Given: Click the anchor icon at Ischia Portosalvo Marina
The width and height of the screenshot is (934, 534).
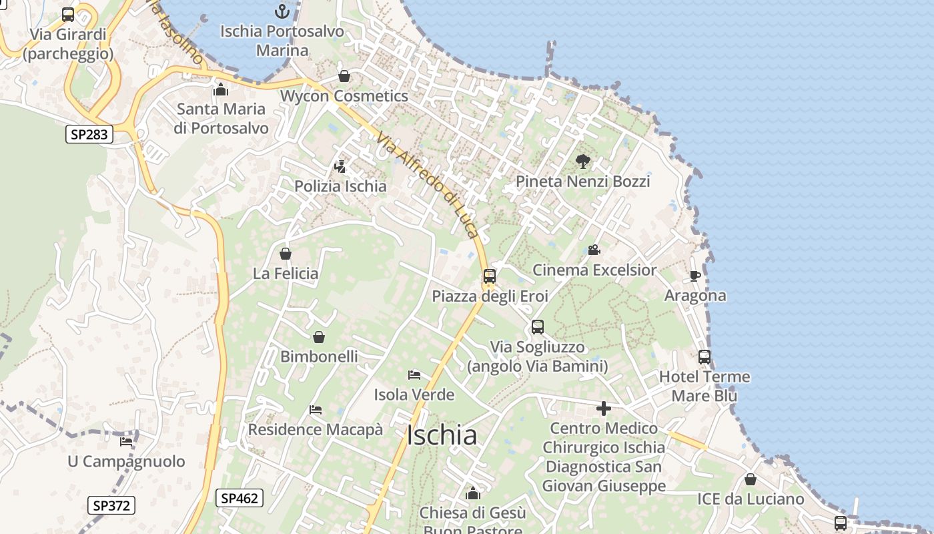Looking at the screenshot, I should click(282, 11).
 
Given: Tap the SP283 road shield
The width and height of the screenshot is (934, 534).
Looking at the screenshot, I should click(89, 134).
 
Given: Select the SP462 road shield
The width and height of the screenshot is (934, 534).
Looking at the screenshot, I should click(240, 497).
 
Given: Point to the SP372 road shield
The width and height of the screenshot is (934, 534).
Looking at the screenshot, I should click(111, 505).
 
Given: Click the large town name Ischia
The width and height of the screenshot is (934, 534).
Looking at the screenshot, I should click(442, 436).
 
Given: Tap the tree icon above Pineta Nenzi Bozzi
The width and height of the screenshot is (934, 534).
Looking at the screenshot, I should click(583, 161).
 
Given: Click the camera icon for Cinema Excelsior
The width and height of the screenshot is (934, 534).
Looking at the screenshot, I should click(594, 250).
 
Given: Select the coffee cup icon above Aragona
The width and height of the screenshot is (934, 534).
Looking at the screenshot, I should click(695, 275).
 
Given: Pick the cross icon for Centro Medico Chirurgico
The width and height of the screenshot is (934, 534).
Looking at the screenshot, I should click(604, 408).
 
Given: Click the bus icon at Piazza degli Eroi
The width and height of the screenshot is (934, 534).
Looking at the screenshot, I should click(490, 276).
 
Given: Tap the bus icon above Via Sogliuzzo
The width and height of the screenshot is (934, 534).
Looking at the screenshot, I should click(538, 327).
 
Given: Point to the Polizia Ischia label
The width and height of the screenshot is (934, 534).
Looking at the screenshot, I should click(340, 186).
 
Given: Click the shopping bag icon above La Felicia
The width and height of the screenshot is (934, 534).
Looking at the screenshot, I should click(286, 254).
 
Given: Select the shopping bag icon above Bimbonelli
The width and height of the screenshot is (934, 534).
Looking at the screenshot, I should click(319, 337).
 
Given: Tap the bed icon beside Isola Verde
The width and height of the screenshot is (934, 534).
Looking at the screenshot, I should click(414, 374).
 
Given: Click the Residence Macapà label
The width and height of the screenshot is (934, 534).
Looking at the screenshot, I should click(316, 429).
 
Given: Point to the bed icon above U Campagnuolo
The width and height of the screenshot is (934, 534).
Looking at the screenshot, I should click(126, 441).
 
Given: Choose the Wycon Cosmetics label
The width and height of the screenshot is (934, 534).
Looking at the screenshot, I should click(344, 96).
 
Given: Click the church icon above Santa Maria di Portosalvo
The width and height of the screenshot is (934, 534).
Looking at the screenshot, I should click(221, 89).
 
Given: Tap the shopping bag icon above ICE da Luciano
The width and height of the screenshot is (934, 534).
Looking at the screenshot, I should click(751, 479).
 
